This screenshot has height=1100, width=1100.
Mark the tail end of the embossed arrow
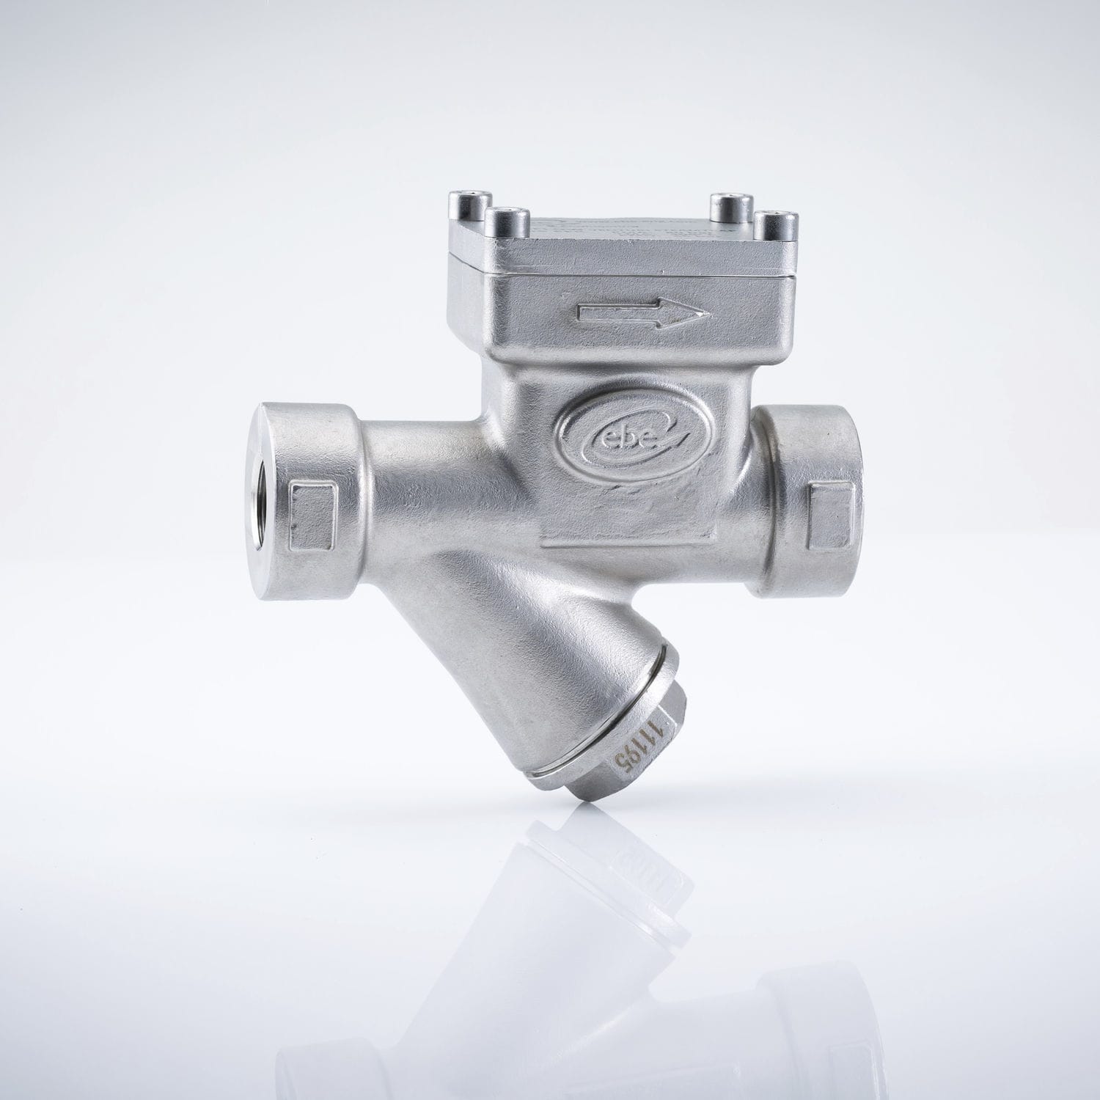pyautogui.click(x=581, y=313)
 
